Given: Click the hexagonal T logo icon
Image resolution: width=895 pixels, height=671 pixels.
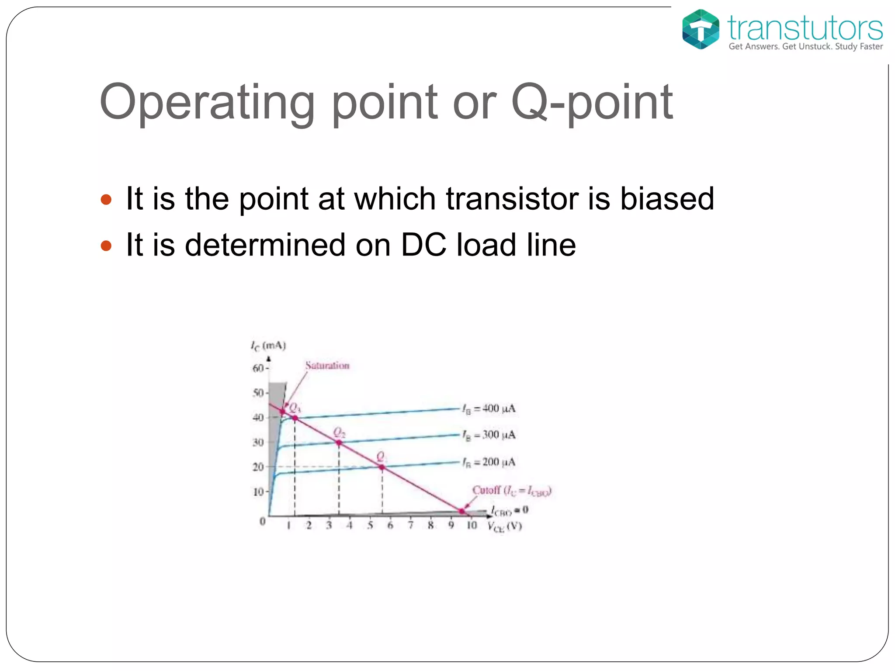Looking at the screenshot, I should tap(701, 29).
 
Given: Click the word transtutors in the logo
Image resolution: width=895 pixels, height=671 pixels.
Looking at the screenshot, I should tap(805, 28).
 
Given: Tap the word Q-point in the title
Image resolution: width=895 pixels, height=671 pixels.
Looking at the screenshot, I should tap(592, 103).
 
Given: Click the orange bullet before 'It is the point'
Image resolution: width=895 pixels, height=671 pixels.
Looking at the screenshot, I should tap(106, 200).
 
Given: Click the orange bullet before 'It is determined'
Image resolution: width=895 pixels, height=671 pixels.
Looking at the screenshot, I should tap(106, 246).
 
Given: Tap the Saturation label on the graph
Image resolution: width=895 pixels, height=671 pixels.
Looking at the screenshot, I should tap(327, 366).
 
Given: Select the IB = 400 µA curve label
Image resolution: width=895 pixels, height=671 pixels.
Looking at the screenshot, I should tap(489, 409).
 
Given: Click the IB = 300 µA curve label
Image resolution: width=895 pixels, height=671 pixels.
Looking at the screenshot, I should tap(489, 435).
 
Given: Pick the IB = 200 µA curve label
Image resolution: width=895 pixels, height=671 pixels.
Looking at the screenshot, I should tap(489, 462).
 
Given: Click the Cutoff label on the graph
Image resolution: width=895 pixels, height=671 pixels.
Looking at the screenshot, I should tap(511, 491).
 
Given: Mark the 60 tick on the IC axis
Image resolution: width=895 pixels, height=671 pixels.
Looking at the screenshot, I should tap(258, 368).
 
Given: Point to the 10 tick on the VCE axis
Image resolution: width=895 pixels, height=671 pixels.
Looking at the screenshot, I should tap(472, 526).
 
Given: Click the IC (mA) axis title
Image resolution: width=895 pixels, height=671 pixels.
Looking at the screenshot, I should tap(268, 346).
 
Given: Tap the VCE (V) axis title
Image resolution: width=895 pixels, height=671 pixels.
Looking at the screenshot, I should tap(505, 527).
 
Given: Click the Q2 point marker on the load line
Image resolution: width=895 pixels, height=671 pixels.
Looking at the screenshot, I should tap(339, 443).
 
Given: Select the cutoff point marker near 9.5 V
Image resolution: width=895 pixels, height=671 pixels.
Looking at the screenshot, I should tap(461, 511).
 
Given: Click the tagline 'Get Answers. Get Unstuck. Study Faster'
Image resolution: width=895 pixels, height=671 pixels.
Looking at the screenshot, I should tap(805, 47).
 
